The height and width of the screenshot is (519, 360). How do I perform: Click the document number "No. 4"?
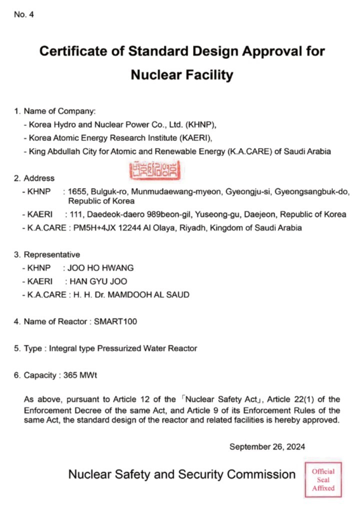point(23,14)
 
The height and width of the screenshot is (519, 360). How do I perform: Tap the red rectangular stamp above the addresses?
point(153,170)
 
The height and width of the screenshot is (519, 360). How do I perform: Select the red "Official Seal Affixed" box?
point(323,479)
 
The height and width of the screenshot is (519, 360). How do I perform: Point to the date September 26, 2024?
point(267,446)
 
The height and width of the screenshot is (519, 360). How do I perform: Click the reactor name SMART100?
point(115,321)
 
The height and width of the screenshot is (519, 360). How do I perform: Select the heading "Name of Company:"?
point(59,111)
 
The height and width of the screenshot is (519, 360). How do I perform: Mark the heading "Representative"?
point(51,254)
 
